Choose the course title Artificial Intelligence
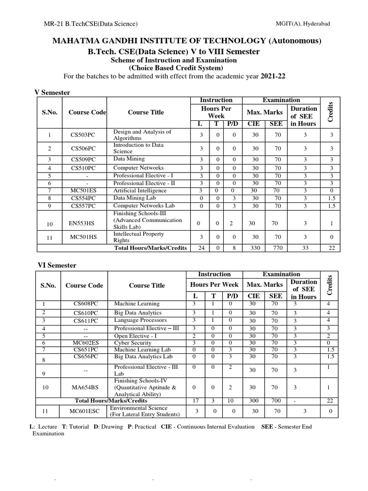click(x=140, y=190)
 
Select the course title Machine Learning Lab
click(x=139, y=350)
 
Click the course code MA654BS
click(x=84, y=387)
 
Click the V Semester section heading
click(x=52, y=92)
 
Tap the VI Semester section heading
click(x=57, y=265)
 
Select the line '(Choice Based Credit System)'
click(x=174, y=68)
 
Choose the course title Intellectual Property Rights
click(x=138, y=237)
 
